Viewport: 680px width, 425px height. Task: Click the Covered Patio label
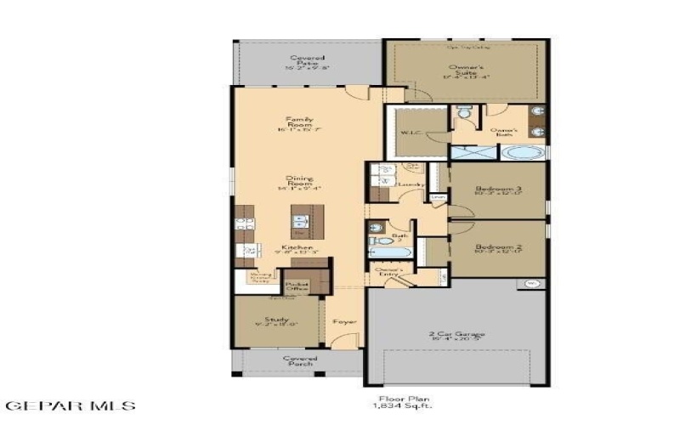(307, 61)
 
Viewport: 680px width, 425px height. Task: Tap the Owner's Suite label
(466, 71)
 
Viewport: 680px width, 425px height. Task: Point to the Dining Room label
(299, 182)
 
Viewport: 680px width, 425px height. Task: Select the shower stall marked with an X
(472, 154)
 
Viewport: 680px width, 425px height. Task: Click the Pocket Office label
(297, 287)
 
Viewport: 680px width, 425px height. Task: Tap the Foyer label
(343, 322)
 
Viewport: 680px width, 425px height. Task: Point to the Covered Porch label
(300, 361)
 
